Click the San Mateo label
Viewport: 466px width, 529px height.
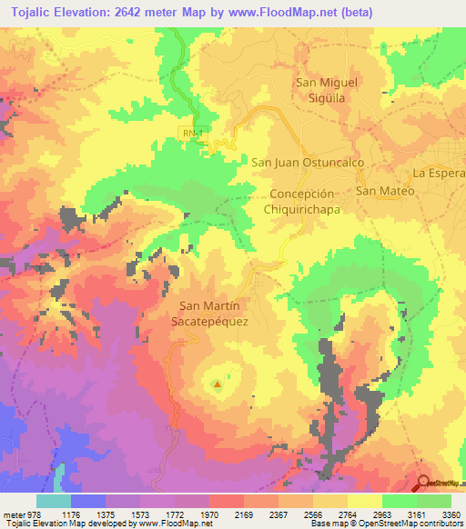point(384,191)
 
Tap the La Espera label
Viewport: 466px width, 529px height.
point(438,173)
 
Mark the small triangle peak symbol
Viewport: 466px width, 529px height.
point(218,384)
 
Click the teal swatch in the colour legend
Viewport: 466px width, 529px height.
point(54,501)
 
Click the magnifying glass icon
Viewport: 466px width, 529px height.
point(424,484)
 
